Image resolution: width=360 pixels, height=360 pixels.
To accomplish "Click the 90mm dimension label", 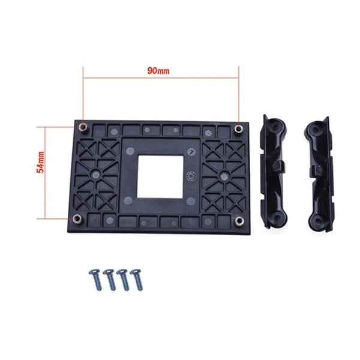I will (158, 70).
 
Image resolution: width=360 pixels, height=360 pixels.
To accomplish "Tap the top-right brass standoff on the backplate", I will (239, 127).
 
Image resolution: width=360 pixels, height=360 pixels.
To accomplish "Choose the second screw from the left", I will (110, 280).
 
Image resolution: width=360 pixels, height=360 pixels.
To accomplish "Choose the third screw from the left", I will (124, 280).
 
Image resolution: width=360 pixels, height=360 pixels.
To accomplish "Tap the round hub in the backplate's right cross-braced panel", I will (223, 175).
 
